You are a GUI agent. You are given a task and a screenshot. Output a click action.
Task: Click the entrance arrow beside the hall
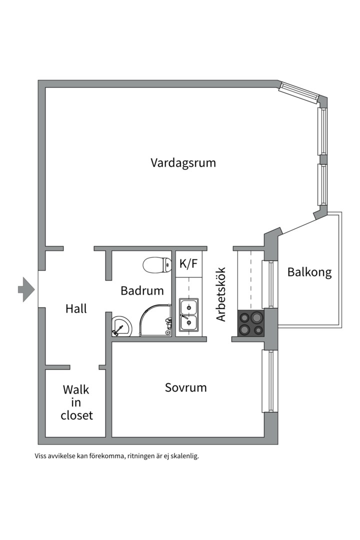(x=26, y=289)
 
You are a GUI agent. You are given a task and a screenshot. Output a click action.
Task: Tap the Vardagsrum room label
(x=183, y=163)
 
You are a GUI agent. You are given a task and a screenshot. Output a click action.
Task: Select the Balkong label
(x=309, y=272)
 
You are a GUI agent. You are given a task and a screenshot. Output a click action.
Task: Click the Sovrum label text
(x=185, y=387)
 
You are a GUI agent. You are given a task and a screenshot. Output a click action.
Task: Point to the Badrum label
(x=142, y=290)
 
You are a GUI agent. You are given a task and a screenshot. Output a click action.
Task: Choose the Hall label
(x=76, y=309)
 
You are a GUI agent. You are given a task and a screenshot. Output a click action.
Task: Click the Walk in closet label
(x=76, y=402)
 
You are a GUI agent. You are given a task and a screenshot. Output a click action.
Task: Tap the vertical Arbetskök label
(x=221, y=294)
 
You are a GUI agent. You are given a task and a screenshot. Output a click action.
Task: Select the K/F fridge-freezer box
(x=188, y=264)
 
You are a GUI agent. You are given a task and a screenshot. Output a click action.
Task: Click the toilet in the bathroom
(x=156, y=264)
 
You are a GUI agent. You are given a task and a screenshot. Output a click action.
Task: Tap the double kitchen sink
(x=189, y=314)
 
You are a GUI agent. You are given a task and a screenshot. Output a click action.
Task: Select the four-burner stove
(x=250, y=323)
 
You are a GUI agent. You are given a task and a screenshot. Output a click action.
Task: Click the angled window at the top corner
(x=298, y=92)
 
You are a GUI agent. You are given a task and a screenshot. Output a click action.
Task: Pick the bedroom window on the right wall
(x=269, y=381)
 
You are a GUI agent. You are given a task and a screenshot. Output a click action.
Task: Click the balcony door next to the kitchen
(x=269, y=284)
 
